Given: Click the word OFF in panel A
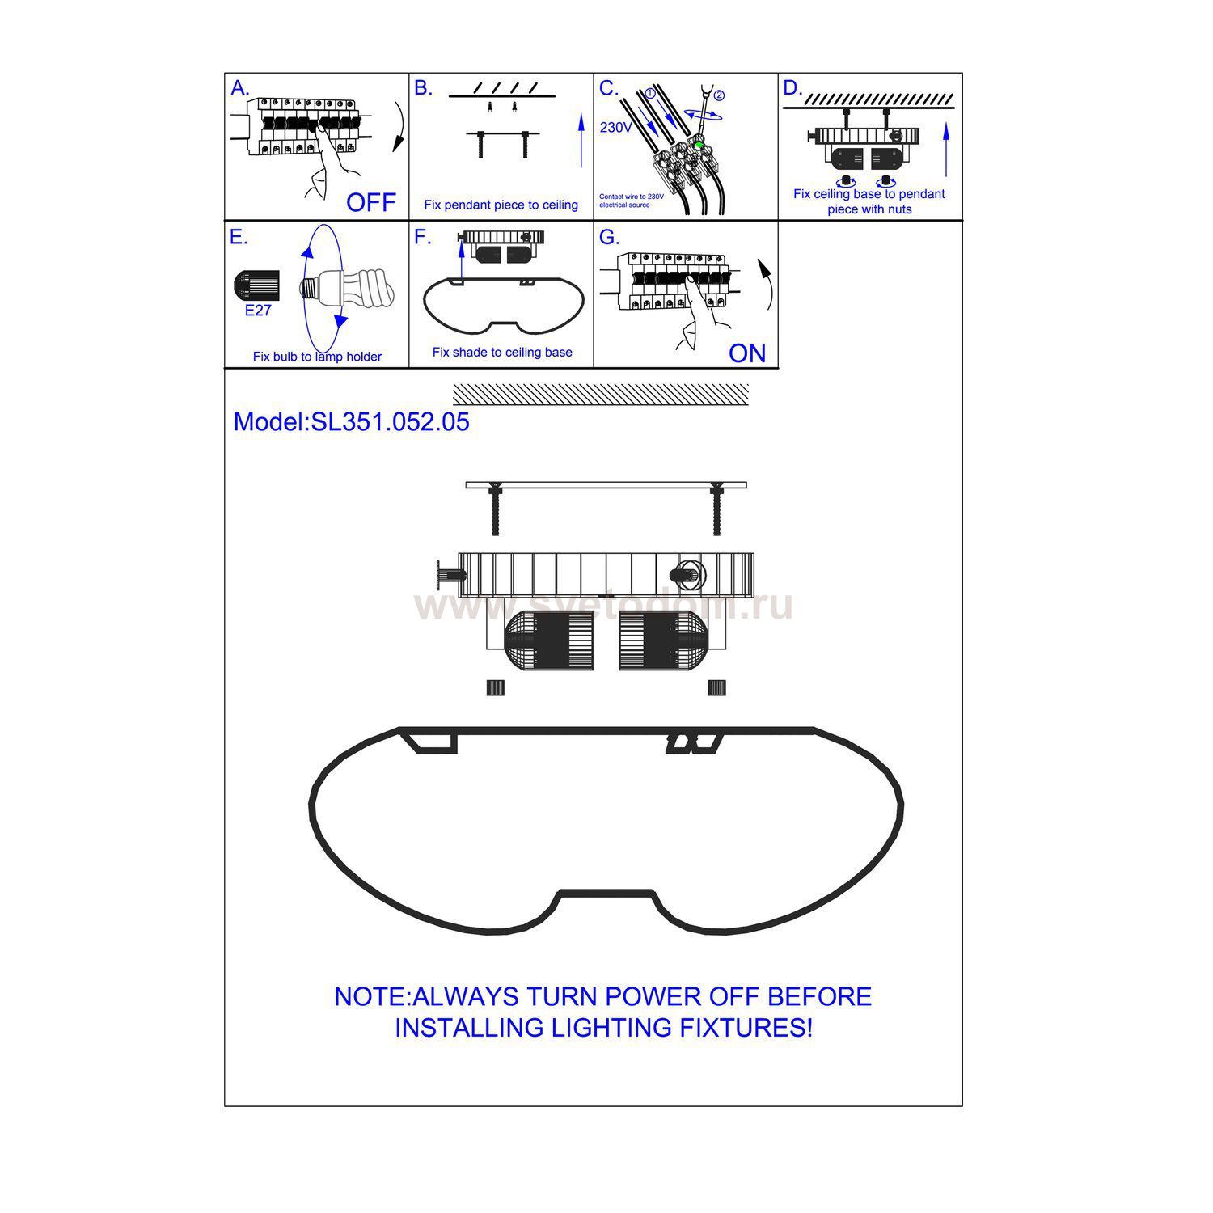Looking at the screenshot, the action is tap(371, 202).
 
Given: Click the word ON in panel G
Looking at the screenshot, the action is tap(747, 353).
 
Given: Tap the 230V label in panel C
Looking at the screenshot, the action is tap(616, 128).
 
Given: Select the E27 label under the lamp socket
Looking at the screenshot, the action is tap(258, 311).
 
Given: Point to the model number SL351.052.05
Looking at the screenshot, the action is tap(391, 422).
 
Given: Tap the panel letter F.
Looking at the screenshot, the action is tap(422, 237).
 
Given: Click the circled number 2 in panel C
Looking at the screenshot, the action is tap(719, 95).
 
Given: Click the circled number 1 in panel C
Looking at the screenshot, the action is tap(649, 93).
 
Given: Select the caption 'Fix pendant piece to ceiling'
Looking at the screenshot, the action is tap(501, 205).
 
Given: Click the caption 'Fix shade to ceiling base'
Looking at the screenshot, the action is tap(502, 353).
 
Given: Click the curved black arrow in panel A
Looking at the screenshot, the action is tap(399, 127).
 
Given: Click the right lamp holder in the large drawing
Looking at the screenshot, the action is tap(663, 640).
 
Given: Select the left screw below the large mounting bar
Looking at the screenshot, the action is tap(495, 509).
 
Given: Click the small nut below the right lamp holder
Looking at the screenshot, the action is tap(716, 687).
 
